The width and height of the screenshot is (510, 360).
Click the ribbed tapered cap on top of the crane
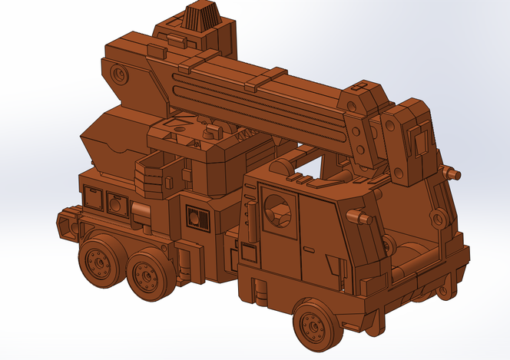200,16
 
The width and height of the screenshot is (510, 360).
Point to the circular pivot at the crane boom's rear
118,74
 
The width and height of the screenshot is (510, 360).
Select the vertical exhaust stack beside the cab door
247,210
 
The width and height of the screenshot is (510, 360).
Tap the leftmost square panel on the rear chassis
94,198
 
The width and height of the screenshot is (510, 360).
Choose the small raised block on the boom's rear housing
158,51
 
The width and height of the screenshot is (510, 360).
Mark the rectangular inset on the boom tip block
419,140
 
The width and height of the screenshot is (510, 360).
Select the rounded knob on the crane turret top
207,133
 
